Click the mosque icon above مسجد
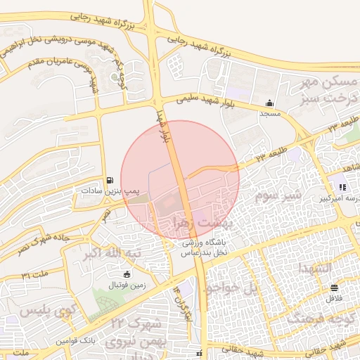pyautogui.click(x=270, y=103)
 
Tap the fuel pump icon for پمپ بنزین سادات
pyautogui.click(x=110, y=180)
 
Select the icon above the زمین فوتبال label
pyautogui.click(x=126, y=274)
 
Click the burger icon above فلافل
pyautogui.click(x=333, y=287)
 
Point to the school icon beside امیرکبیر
pyautogui.click(x=342, y=187)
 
